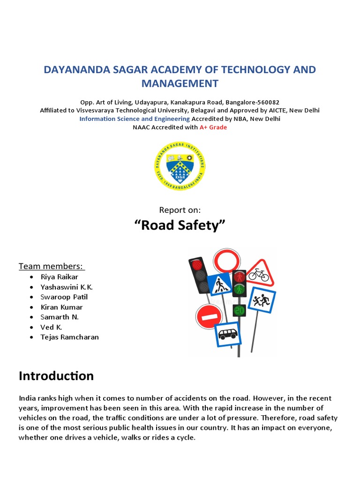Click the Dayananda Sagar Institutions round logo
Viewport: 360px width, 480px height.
[x=180, y=166]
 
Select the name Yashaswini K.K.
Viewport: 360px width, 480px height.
[x=70, y=287]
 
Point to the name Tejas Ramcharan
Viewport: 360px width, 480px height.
[x=70, y=337]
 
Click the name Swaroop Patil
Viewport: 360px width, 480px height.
[x=64, y=297]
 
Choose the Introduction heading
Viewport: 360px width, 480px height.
[x=56, y=375]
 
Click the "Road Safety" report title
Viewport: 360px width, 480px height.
[x=180, y=225]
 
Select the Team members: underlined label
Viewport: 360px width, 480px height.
[x=52, y=266]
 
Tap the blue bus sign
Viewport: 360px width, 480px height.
[x=228, y=334]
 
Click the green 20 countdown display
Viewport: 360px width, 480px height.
[x=240, y=310]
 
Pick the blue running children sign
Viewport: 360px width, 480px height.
[x=261, y=300]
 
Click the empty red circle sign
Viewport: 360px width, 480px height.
[x=227, y=262]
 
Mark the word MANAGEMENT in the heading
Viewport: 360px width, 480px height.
[x=180, y=83]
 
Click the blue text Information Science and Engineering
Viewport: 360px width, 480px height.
[x=134, y=119]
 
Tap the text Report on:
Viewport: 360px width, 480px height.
[x=180, y=210]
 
